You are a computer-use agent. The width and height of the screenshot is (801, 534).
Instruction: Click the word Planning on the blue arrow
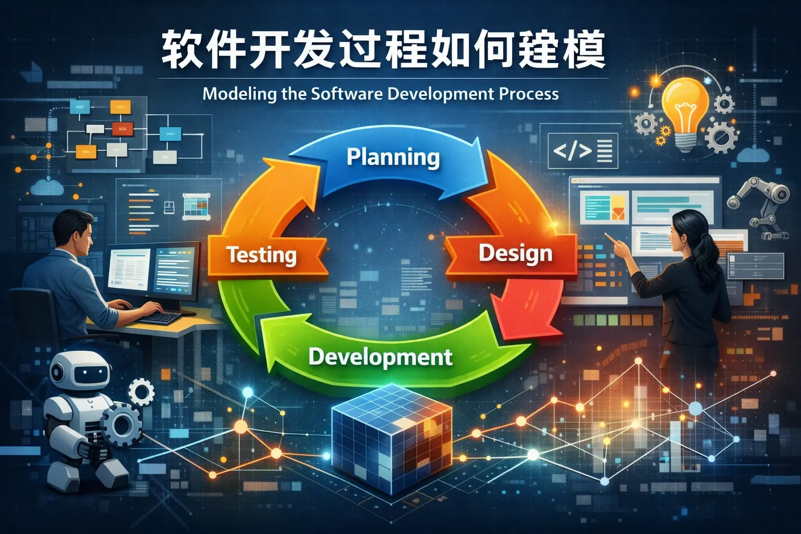(393, 157)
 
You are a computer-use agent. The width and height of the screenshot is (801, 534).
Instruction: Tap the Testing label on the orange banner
(261, 255)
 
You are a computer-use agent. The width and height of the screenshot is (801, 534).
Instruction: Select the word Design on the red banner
(515, 253)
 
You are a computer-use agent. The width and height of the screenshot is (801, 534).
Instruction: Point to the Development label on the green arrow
(380, 357)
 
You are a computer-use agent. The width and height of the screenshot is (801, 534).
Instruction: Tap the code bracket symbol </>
(572, 151)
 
